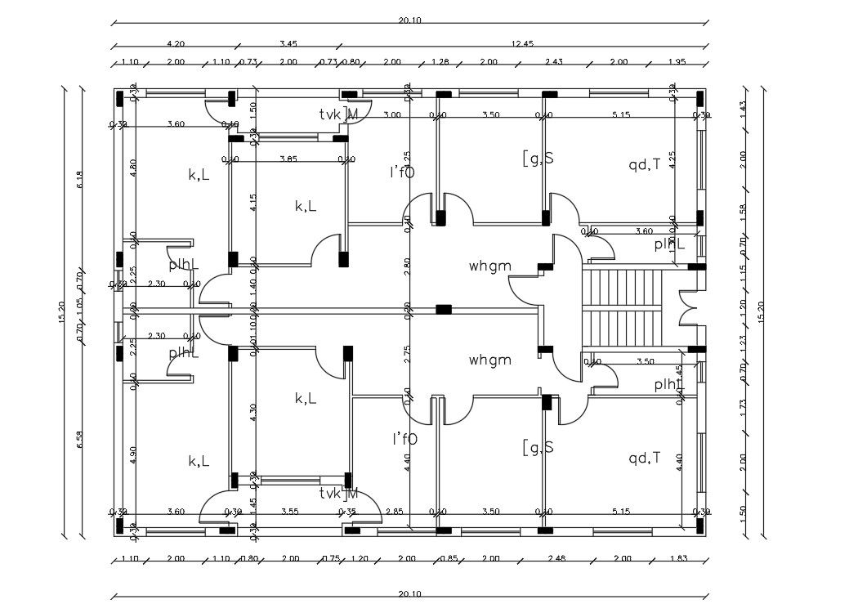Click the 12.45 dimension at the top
point(522,43)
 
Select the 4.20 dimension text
point(175,43)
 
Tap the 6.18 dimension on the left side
point(80,180)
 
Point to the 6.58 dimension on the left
point(80,439)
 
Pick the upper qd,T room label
point(644,164)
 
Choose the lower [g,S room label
point(538,446)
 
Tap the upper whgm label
point(490,266)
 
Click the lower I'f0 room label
point(404,439)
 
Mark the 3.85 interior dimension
point(288,158)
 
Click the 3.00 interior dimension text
point(392,116)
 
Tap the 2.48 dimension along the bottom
point(558,559)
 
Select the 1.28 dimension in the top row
point(440,62)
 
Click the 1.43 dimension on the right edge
point(742,106)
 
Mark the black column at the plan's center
point(444,309)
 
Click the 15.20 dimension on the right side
point(762,311)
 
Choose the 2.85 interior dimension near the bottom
point(395,511)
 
